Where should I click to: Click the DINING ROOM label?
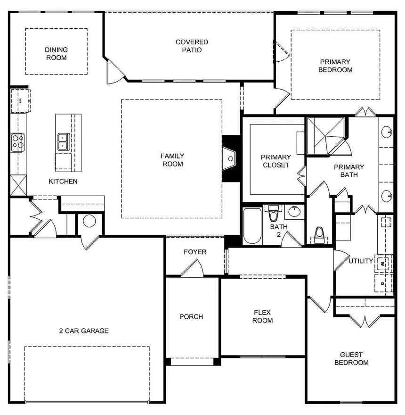56,54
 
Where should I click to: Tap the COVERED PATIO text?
192,46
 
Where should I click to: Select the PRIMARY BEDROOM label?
335,66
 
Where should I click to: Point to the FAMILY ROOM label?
172,160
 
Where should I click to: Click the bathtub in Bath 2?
252,226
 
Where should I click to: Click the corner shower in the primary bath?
325,135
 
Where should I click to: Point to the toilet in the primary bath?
319,235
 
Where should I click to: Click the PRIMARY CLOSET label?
275,161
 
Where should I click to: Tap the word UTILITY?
361,261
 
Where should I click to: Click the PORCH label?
191,316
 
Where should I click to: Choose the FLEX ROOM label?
263,316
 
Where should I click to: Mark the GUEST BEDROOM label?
351,358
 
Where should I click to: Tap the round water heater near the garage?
89,221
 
